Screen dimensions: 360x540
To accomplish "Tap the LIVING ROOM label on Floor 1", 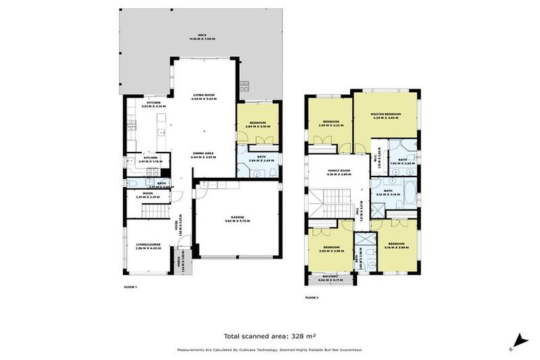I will coord(204,95).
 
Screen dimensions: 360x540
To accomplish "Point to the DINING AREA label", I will coord(204,154).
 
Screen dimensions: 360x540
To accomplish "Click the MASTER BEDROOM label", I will coord(386,114).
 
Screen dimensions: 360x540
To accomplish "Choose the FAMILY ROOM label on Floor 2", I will coord(339,172).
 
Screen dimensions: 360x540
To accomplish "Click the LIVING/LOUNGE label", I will coord(150,245).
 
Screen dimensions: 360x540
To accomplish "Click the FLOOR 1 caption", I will coord(131,288).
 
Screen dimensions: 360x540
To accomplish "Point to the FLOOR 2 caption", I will coord(312,297).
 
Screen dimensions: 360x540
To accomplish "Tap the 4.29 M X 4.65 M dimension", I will coord(386,117).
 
